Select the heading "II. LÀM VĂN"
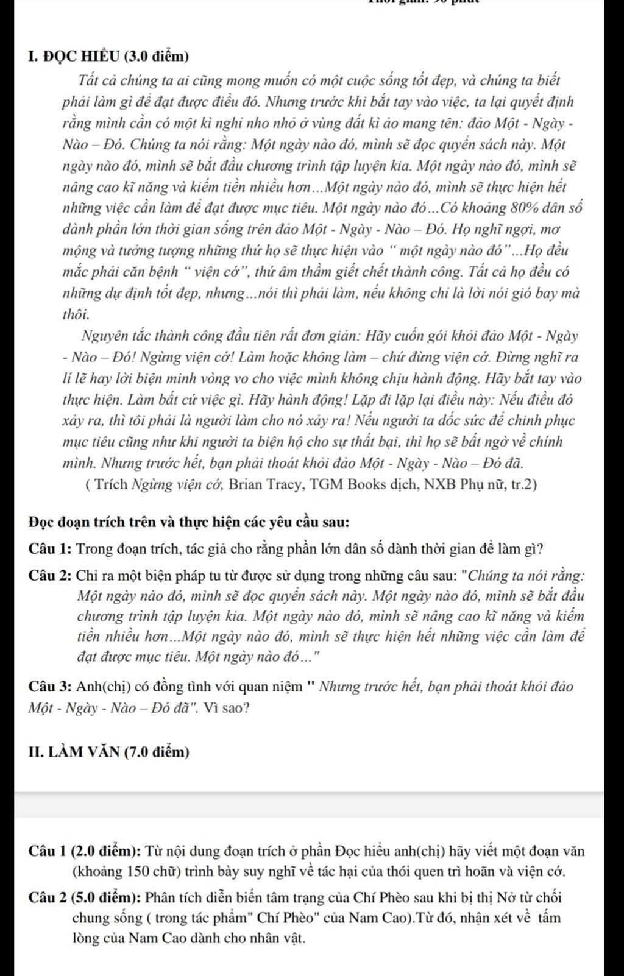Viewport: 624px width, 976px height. point(73,752)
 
